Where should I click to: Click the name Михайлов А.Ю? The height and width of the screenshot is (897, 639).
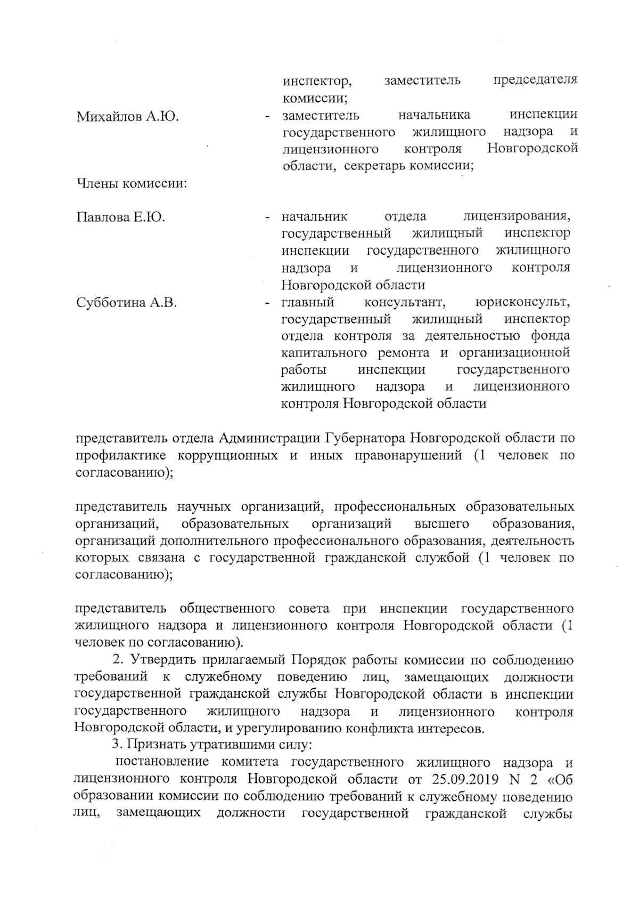(x=127, y=116)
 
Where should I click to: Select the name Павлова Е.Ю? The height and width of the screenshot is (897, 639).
(x=121, y=217)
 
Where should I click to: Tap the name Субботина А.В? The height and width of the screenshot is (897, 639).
(x=126, y=303)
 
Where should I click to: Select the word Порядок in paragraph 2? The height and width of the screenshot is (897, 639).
(x=315, y=660)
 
